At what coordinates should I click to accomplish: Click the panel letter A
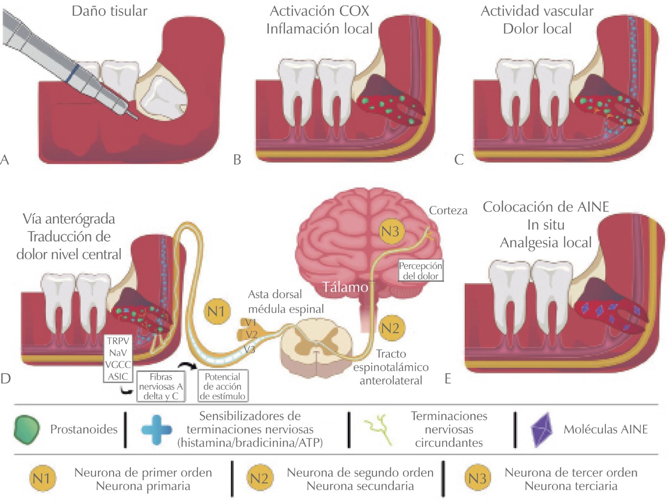5,159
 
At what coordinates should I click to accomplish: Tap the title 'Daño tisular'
109,11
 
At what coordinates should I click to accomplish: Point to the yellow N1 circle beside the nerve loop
216,312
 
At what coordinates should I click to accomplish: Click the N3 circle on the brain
390,231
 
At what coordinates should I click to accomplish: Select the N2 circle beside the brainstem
390,328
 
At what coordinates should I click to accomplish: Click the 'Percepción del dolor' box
420,271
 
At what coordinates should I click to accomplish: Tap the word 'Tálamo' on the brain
345,287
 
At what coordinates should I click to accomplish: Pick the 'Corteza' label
448,210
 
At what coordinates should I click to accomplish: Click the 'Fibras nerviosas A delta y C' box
161,387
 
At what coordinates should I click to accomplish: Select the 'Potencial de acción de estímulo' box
222,386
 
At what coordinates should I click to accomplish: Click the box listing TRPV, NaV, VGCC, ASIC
118,359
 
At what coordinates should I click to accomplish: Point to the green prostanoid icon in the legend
27,430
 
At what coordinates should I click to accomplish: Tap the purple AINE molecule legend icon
542,430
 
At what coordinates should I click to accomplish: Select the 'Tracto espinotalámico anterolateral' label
391,367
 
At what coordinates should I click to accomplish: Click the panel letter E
448,379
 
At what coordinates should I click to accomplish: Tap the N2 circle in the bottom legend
259,478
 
